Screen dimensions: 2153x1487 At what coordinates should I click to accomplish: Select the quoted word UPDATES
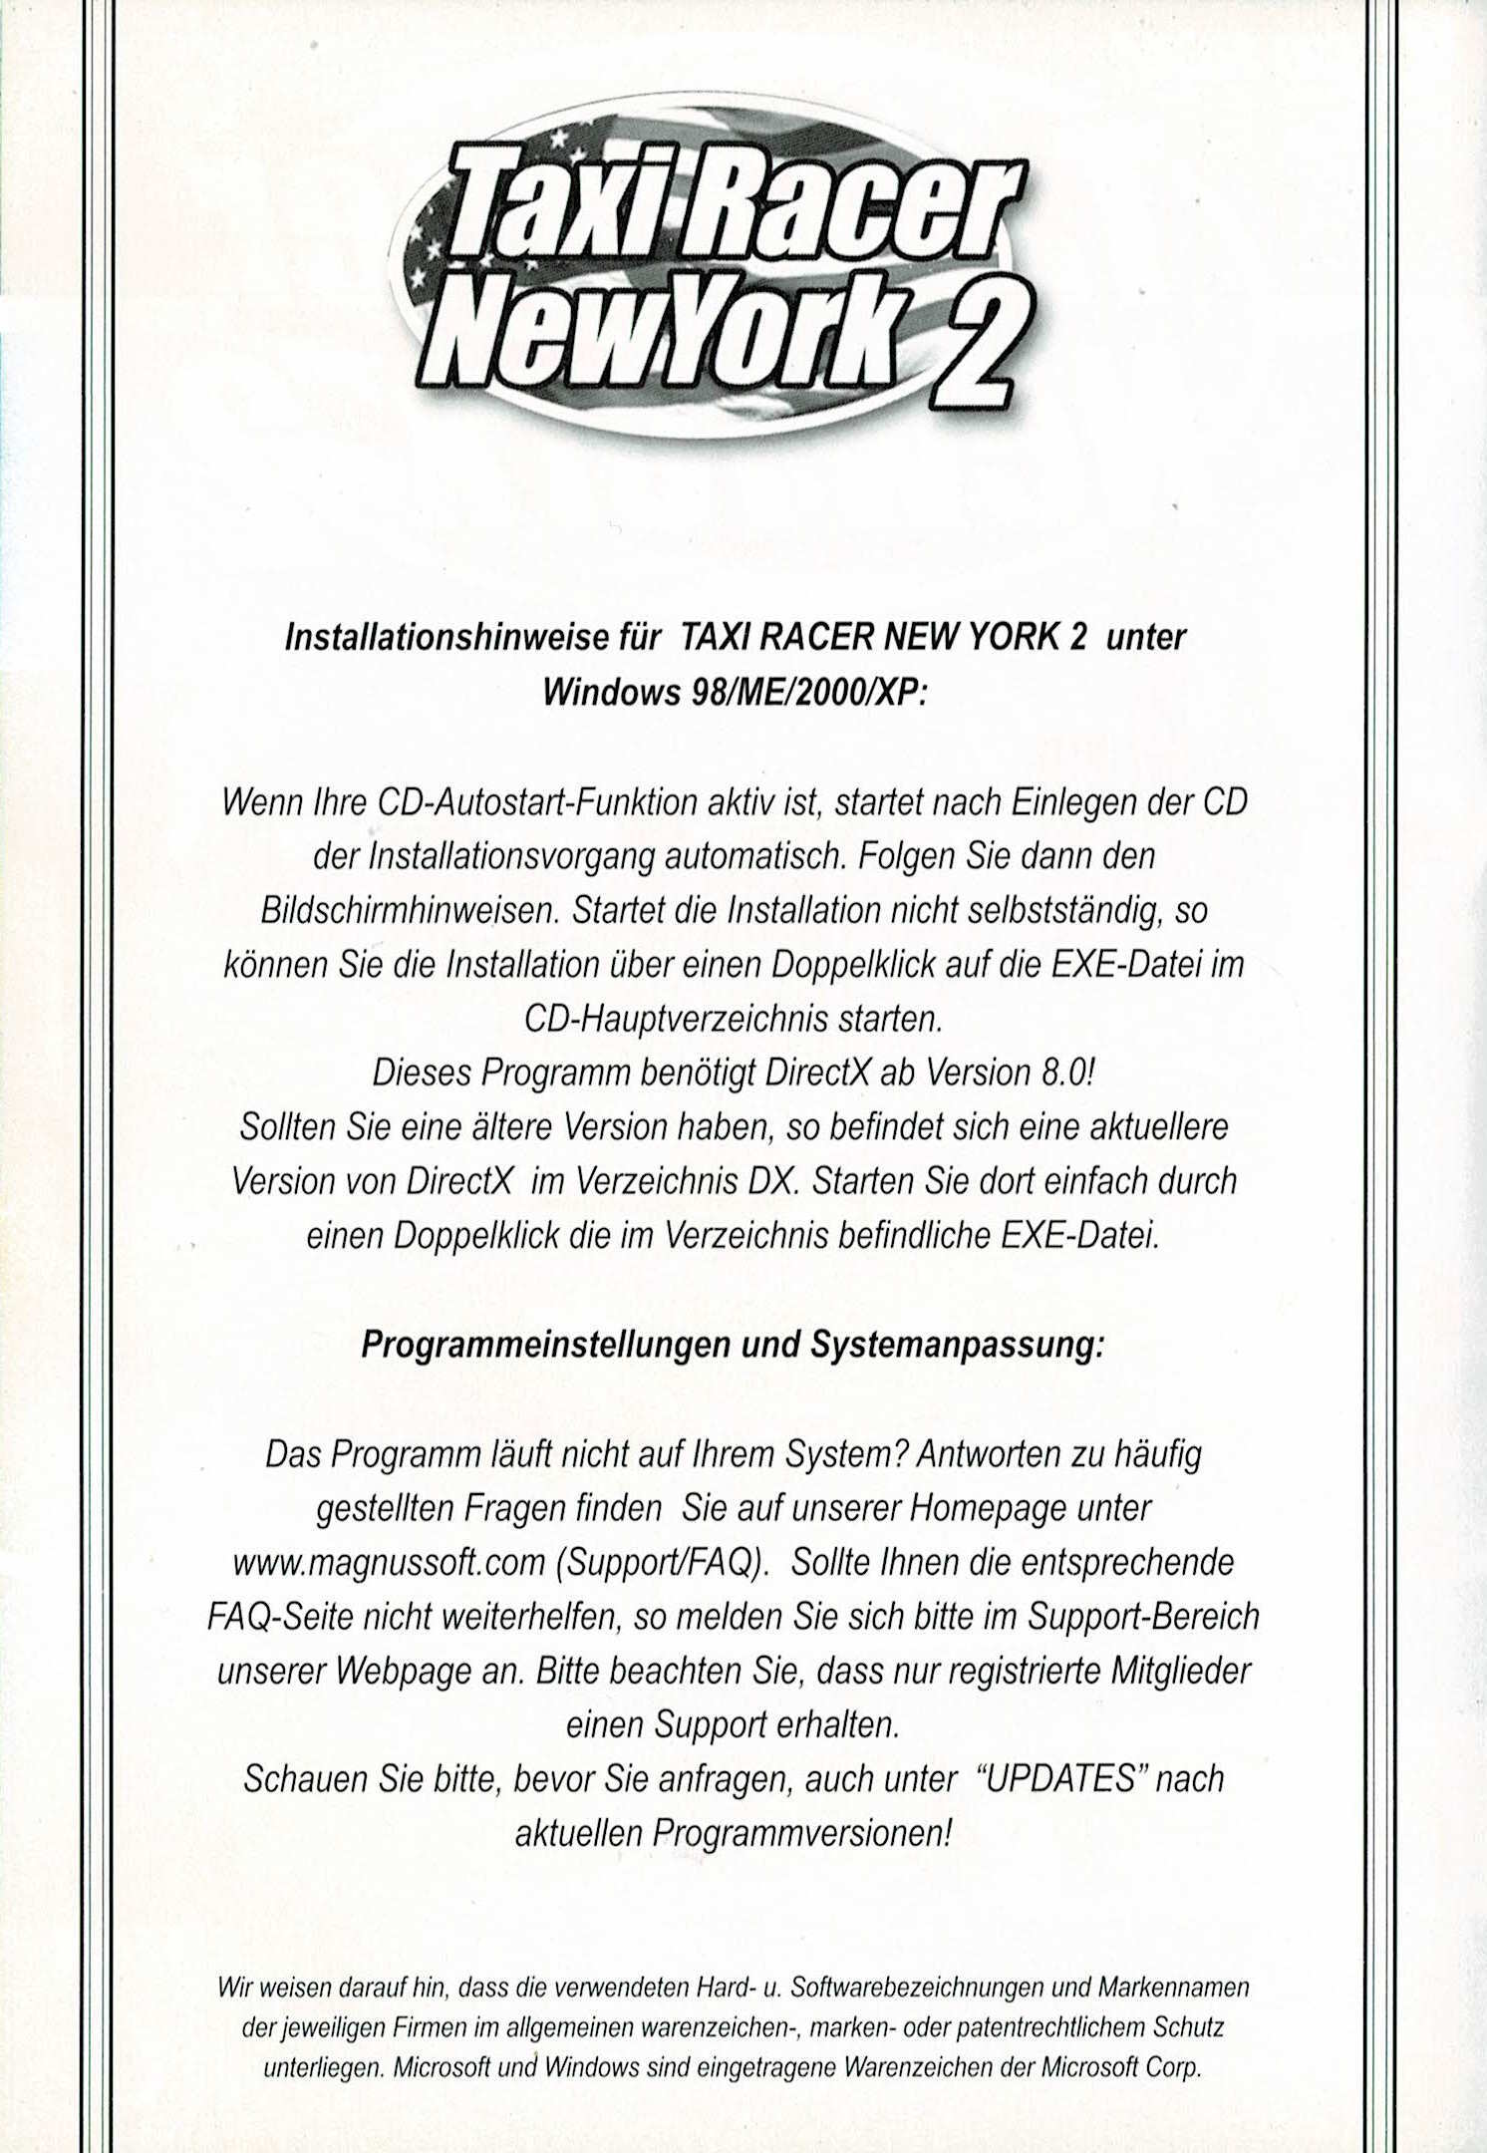click(x=1060, y=1778)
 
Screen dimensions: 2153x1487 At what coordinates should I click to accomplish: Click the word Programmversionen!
click(x=802, y=1832)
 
